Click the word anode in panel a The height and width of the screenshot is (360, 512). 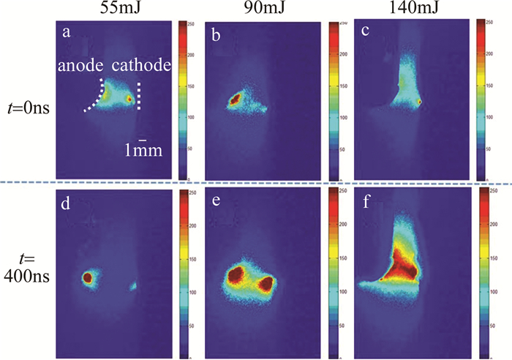pos(80,66)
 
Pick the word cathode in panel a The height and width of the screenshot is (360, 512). pos(146,66)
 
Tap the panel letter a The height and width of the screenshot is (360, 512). pos(67,31)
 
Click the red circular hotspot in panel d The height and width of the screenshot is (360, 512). pos(87,278)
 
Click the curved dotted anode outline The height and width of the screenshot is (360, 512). pos(97,94)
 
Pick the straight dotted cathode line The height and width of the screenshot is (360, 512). pos(140,95)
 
